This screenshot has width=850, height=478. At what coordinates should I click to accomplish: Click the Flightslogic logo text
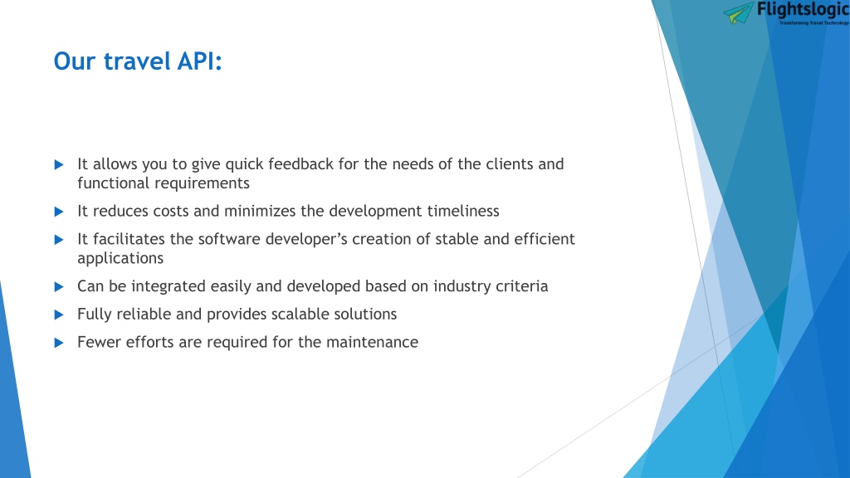tap(803, 9)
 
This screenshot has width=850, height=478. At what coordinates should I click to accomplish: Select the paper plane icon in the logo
tap(738, 12)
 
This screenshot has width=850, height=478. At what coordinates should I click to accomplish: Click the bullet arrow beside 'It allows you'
tap(59, 165)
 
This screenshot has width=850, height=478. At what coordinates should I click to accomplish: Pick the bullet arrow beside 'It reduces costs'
tap(59, 212)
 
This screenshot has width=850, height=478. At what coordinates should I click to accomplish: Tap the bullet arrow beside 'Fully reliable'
tap(59, 315)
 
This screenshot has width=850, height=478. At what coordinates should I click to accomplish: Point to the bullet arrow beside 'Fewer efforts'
tap(59, 343)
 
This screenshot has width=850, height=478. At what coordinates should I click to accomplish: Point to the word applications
tap(120, 259)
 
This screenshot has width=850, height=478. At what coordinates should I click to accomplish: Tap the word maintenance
tap(373, 343)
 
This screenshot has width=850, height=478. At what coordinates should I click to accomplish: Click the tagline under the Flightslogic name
tap(814, 22)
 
